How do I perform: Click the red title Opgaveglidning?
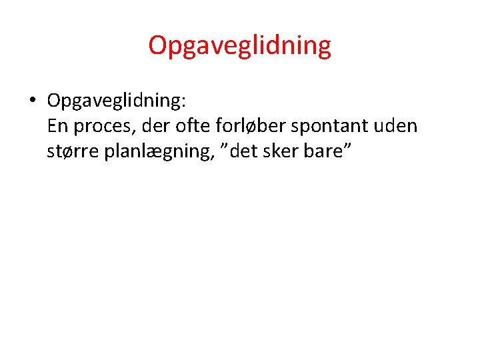(239, 46)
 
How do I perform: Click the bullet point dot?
(31, 101)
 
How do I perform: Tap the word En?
(58, 126)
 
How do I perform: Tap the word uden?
(397, 126)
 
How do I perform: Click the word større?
(72, 151)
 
